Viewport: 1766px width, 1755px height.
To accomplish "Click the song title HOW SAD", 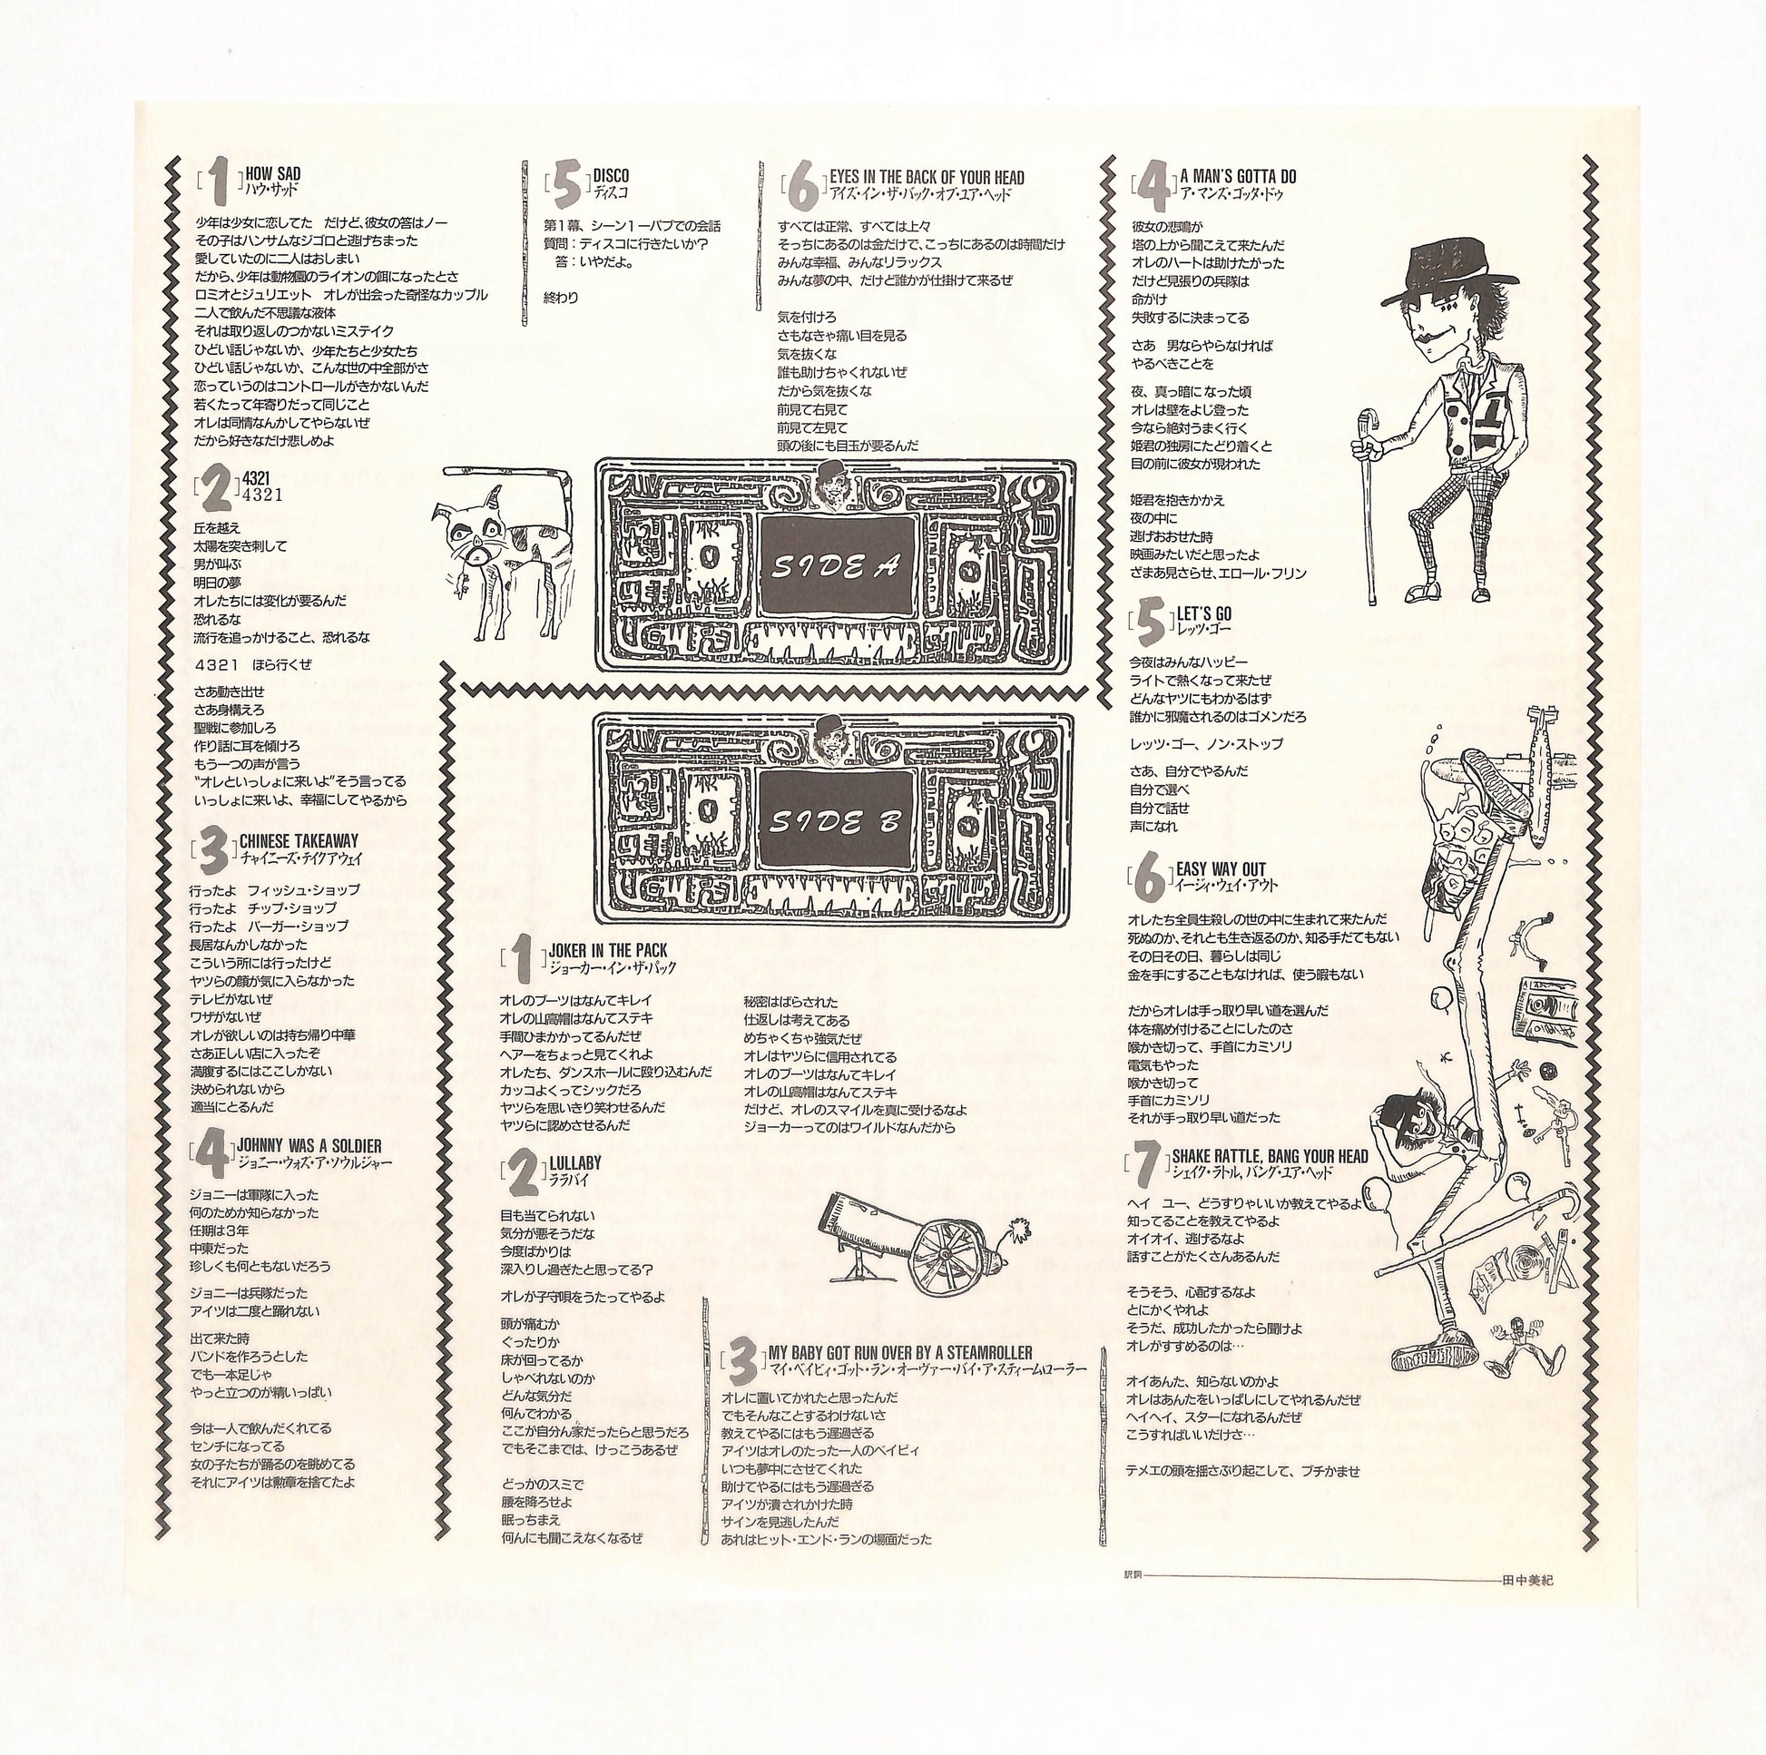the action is [x=272, y=173].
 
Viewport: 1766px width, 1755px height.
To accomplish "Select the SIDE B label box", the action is [x=837, y=822].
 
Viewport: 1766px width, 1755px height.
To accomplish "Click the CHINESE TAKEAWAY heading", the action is [x=299, y=840].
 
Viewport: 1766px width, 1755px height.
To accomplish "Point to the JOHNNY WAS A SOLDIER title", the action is [x=309, y=1145].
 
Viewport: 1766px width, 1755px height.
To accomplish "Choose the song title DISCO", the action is [x=611, y=174].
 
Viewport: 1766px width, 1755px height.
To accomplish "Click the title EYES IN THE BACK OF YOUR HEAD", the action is [x=927, y=177].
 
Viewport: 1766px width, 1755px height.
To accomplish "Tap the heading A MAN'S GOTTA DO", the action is [x=1238, y=175].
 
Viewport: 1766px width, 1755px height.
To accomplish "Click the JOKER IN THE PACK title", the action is [x=608, y=951].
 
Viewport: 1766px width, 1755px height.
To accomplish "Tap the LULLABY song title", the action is [x=575, y=1162].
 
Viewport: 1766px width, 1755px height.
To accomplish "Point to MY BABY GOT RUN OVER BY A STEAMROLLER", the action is [x=900, y=1352].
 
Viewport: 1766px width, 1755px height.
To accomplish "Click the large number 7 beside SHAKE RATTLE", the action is [x=1149, y=1162].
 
